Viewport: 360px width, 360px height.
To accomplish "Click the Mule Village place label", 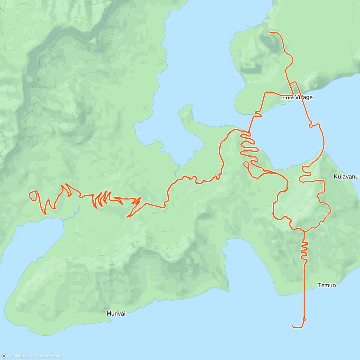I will [x=297, y=97].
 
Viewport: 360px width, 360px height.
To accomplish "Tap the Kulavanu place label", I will [x=346, y=177].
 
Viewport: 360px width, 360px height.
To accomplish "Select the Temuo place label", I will [x=327, y=285].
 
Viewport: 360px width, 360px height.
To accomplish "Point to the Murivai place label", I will [x=116, y=313].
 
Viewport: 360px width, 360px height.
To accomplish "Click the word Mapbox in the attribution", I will [x=21, y=356].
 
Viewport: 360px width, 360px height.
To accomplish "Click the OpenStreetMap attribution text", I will [x=48, y=356].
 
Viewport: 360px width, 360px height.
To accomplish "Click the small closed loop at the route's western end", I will [x=33, y=195].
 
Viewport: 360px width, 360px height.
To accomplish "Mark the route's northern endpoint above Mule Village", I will [x=269, y=32].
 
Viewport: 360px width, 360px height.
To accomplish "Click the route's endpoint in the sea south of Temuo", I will [x=292, y=326].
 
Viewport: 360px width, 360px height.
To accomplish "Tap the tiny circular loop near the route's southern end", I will [x=304, y=319].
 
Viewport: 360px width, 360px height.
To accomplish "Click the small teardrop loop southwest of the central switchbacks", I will [x=247, y=164].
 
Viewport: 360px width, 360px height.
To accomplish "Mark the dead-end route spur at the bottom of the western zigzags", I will [x=127, y=216].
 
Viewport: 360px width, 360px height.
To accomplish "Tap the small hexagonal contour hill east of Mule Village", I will [x=316, y=85].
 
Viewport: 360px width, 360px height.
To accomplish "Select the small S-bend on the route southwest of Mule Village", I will [x=258, y=113].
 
